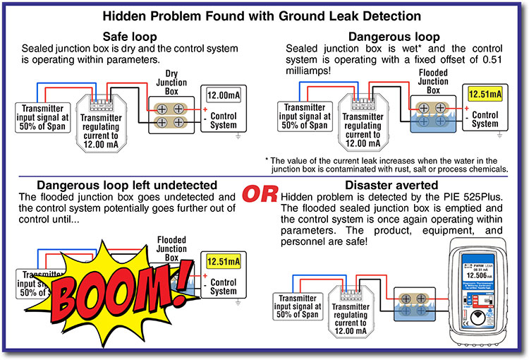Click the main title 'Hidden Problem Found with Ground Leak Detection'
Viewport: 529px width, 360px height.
pos(262,16)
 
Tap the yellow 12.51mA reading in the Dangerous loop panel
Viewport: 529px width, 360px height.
pos(485,93)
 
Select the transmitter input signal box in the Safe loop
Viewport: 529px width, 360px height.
pos(44,115)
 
